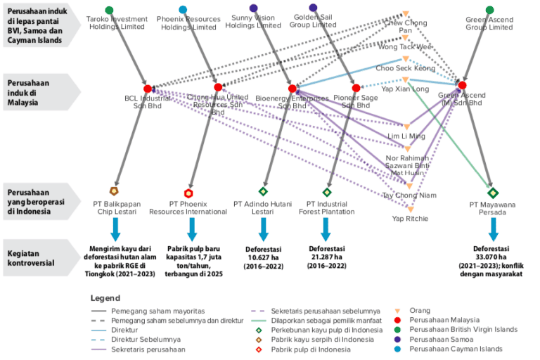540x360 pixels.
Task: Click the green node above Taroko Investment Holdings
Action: [x=112, y=10]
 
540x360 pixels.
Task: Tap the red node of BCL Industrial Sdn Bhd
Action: [x=148, y=89]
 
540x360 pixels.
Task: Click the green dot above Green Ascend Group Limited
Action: [x=490, y=10]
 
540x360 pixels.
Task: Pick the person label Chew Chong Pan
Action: [x=406, y=27]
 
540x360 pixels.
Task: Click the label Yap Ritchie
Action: [x=411, y=218]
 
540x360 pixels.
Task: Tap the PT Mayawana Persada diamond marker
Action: [x=493, y=193]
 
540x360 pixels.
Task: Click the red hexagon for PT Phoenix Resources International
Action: [x=188, y=193]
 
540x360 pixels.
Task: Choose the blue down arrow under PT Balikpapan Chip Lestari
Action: [x=115, y=229]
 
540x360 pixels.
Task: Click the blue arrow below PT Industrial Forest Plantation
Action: [x=326, y=229]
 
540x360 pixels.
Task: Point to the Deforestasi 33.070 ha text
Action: [x=493, y=253]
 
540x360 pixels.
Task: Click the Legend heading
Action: [x=105, y=298]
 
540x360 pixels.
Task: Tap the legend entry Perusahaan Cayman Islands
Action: [x=460, y=348]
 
